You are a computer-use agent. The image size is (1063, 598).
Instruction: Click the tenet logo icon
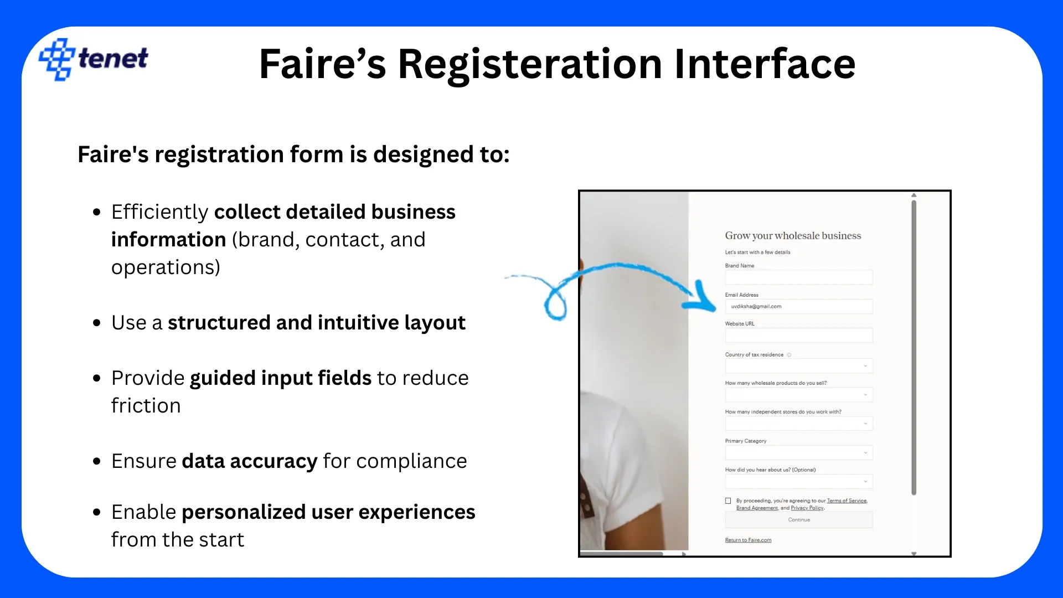(x=56, y=59)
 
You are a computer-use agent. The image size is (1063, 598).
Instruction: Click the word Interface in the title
(x=765, y=64)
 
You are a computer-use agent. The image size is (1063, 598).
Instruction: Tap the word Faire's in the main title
(x=322, y=64)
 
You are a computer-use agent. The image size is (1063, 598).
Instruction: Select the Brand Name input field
(x=799, y=277)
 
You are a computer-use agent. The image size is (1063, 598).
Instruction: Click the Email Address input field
(x=799, y=306)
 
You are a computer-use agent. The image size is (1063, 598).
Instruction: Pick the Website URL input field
(x=799, y=336)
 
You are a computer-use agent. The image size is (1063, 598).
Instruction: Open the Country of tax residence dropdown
(x=799, y=366)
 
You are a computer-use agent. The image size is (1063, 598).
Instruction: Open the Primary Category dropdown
(x=799, y=452)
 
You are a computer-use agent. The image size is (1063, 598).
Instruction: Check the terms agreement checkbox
(x=728, y=501)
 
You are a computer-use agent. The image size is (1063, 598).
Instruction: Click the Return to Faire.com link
(x=748, y=540)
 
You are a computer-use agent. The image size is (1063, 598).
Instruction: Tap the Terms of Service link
(x=847, y=501)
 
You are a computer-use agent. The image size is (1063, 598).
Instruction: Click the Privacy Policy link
(x=807, y=508)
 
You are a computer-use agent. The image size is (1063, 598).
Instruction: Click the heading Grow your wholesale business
(x=793, y=236)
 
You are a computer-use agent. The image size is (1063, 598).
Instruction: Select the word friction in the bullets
(x=146, y=406)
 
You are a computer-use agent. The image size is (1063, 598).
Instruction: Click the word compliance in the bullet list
(x=412, y=461)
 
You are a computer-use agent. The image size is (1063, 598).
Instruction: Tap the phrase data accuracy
(x=250, y=461)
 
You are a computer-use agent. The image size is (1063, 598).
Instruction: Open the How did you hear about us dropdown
(x=799, y=481)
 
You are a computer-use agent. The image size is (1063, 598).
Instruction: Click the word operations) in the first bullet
(x=166, y=267)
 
